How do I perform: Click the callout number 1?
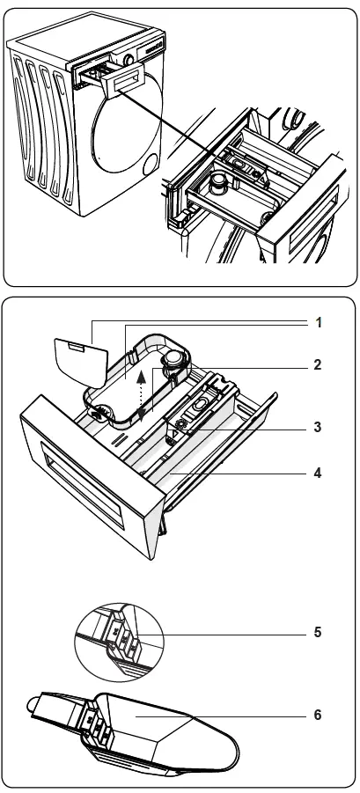click(318, 322)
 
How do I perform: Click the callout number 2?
click(318, 363)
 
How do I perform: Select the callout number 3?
click(318, 428)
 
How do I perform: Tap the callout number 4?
click(318, 473)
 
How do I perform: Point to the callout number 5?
click(318, 632)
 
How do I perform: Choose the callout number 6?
click(318, 715)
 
